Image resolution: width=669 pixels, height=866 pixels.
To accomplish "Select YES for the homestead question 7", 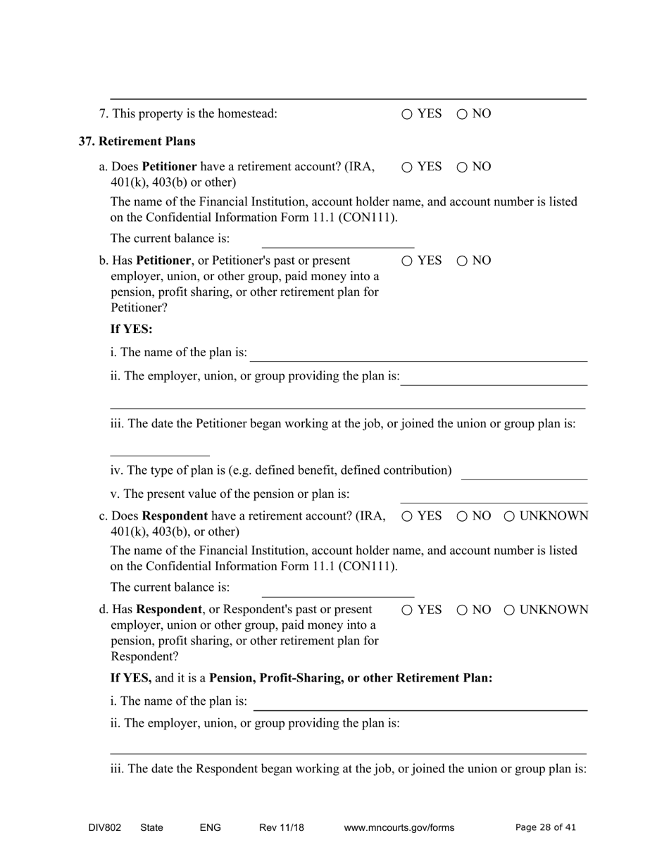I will pyautogui.click(x=408, y=114).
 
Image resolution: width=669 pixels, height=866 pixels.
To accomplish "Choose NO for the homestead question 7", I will pyautogui.click(x=462, y=114).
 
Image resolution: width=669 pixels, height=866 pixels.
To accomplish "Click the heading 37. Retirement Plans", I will pyautogui.click(x=137, y=142).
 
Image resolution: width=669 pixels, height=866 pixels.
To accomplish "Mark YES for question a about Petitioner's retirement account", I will pyautogui.click(x=408, y=167).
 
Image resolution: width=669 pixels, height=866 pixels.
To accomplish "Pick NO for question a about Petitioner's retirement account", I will pyautogui.click(x=462, y=167).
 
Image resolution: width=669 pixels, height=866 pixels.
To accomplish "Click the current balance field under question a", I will pyautogui.click(x=337, y=240).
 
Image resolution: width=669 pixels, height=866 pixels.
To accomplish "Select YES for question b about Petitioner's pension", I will pyautogui.click(x=408, y=261).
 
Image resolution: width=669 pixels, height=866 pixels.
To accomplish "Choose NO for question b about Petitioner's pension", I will pyautogui.click(x=462, y=261).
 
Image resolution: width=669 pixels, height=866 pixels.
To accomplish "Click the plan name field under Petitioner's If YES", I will pyautogui.click(x=419, y=353).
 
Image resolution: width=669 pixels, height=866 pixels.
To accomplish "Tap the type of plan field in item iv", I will pyautogui.click(x=524, y=472).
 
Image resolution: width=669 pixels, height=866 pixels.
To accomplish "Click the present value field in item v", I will pyautogui.click(x=493, y=496).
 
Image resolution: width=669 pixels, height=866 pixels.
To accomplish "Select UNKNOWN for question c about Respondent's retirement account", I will pyautogui.click(x=509, y=516).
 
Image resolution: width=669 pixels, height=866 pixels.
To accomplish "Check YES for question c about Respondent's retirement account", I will pyautogui.click(x=408, y=516).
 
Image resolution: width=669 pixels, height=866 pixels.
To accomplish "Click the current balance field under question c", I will pyautogui.click(x=337, y=589).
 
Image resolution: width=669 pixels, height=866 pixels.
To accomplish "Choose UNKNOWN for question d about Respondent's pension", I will pyautogui.click(x=509, y=610).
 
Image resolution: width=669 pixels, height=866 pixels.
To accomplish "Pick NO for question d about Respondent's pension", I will pyautogui.click(x=462, y=610).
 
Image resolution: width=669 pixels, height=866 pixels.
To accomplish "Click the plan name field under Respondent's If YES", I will pyautogui.click(x=420, y=703).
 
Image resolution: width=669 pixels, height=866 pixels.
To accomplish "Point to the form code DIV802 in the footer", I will pyautogui.click(x=104, y=828).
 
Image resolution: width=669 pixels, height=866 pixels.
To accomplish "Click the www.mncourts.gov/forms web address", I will pyautogui.click(x=399, y=828).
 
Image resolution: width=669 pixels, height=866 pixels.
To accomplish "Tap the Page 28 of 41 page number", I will pyautogui.click(x=545, y=828).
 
